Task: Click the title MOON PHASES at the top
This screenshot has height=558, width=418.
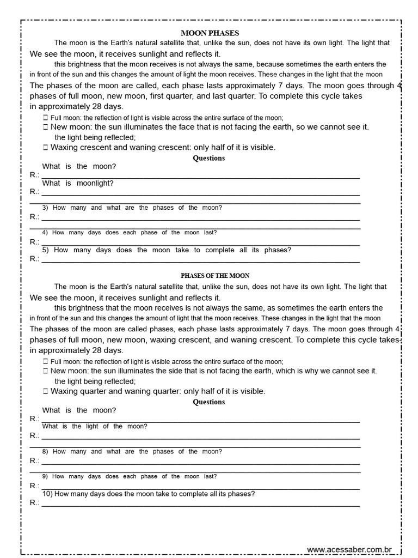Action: pos(210,33)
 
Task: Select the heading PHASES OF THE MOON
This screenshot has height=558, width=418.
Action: pos(215,276)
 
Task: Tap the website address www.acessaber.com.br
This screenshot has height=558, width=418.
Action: pos(354,550)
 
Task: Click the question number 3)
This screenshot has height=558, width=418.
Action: pos(46,208)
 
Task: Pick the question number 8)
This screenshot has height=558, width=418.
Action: pos(46,452)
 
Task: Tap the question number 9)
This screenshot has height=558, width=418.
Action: pos(46,477)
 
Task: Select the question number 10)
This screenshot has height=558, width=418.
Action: pos(47,494)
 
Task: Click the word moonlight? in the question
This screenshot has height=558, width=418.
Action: pos(95,183)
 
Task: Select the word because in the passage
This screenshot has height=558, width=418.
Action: pos(275,64)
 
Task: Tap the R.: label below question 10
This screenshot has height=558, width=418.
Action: pos(35,502)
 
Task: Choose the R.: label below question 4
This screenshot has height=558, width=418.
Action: pos(35,242)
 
